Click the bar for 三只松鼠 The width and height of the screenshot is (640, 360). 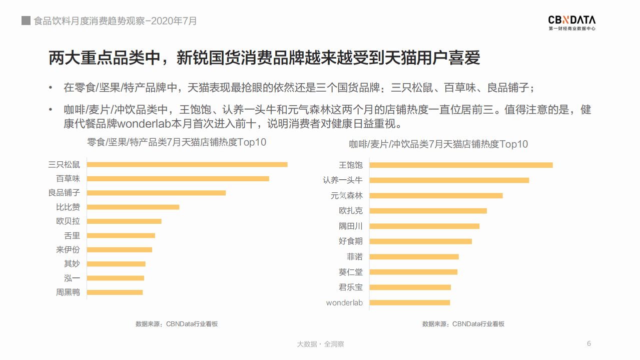187,164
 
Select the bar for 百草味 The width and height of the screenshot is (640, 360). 178,178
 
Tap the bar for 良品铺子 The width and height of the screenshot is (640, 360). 156,193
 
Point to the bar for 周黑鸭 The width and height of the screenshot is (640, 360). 115,292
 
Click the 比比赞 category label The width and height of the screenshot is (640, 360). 68,207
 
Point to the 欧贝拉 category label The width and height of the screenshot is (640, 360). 68,221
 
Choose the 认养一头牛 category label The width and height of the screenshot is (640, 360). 342,180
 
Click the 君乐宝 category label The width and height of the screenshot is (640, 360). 350,287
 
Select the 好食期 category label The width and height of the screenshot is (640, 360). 350,241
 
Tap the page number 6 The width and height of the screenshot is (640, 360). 588,343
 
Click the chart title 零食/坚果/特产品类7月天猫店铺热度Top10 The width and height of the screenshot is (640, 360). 177,142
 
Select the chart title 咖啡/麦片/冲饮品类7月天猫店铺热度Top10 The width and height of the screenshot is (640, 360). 438,144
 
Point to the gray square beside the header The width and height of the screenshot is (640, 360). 26,21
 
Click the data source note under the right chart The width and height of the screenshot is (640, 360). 463,324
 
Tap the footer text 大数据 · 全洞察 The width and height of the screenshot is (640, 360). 320,344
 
